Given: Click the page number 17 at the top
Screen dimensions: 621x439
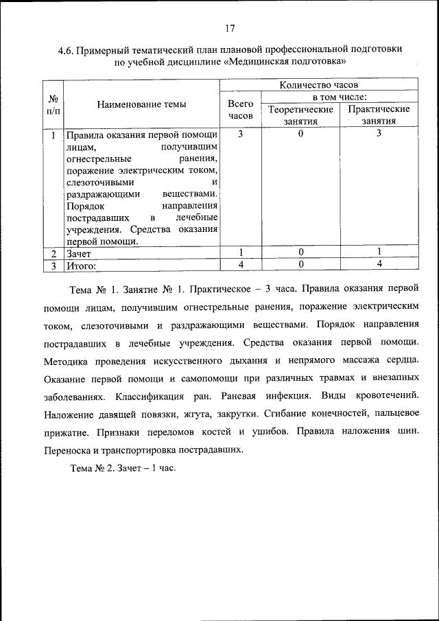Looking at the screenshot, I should pyautogui.click(x=230, y=28).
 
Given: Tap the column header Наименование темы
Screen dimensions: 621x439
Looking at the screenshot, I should pyautogui.click(x=141, y=104).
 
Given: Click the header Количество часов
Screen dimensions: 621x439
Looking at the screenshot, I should pyautogui.click(x=318, y=84).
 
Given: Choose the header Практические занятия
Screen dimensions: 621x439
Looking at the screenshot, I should pyautogui.click(x=379, y=115).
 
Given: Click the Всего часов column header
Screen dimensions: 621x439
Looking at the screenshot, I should pyautogui.click(x=240, y=110).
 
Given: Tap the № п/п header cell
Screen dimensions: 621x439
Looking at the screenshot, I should pyautogui.click(x=53, y=104).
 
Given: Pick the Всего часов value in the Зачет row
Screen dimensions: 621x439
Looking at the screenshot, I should pyautogui.click(x=240, y=252).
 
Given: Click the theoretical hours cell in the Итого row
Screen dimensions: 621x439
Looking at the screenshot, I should pyautogui.click(x=300, y=264).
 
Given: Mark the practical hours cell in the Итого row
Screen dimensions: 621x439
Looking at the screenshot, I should pyautogui.click(x=379, y=264).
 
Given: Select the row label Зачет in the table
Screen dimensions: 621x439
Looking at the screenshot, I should pyautogui.click(x=80, y=253).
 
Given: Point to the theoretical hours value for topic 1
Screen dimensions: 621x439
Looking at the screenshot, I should pyautogui.click(x=300, y=134).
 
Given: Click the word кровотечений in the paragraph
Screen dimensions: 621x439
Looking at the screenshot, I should pyautogui.click(x=385, y=397).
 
